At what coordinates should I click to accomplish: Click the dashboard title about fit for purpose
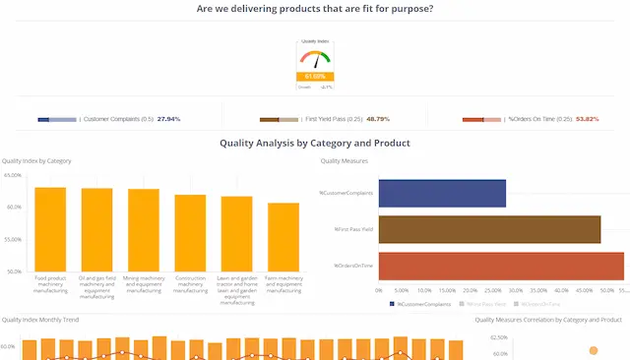coord(315,9)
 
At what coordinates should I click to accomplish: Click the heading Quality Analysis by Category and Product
coord(315,144)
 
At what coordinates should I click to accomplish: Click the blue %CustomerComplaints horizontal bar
coord(442,193)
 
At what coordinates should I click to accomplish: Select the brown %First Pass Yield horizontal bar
coord(489,229)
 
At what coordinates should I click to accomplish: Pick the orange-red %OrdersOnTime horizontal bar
coord(501,266)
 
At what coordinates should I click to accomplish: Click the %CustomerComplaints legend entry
coord(419,304)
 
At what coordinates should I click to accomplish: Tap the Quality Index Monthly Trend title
coord(40,320)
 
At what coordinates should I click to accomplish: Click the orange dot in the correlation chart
coord(593,350)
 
